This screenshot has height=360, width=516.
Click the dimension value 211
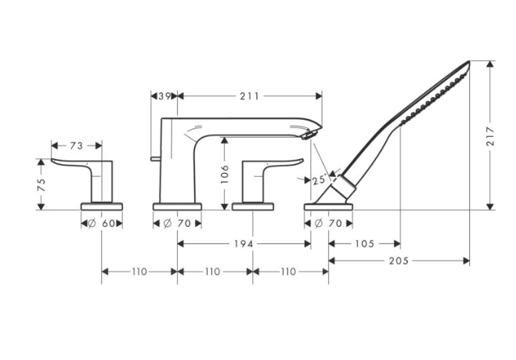249,95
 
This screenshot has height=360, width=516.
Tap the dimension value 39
164,95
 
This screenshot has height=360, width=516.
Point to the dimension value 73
77,145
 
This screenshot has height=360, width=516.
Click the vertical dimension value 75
41,185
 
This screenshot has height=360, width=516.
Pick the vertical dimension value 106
225,172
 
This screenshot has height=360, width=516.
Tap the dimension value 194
244,243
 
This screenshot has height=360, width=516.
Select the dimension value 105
364,243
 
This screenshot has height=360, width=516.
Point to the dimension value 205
399,261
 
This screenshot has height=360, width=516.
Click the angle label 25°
319,179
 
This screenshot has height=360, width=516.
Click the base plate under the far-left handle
103,207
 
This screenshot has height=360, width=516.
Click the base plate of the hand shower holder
329,207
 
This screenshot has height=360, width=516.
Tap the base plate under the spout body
177,207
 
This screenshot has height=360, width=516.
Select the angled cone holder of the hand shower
342,189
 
